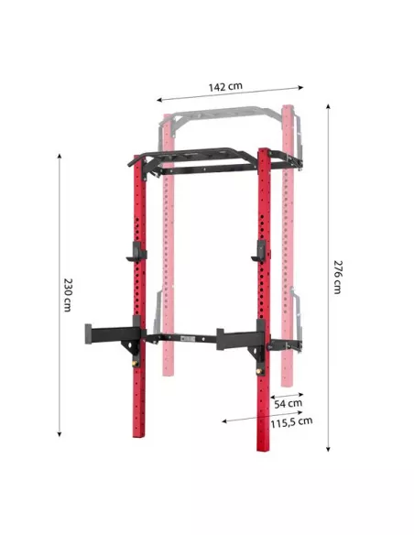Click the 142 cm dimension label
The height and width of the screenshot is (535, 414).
tap(225, 87)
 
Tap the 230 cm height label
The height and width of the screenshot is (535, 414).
tap(68, 295)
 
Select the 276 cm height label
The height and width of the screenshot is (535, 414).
tap(338, 277)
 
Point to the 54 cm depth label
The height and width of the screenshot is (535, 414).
tap(289, 404)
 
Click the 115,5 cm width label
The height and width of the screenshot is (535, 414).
tap(291, 422)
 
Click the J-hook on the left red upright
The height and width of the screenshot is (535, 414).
tap(136, 252)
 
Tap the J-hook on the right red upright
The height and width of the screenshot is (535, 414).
tap(259, 251)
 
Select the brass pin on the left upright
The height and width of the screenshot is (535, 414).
tap(135, 363)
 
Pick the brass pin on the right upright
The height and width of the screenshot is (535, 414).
tap(259, 370)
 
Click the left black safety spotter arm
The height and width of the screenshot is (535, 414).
tap(113, 334)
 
